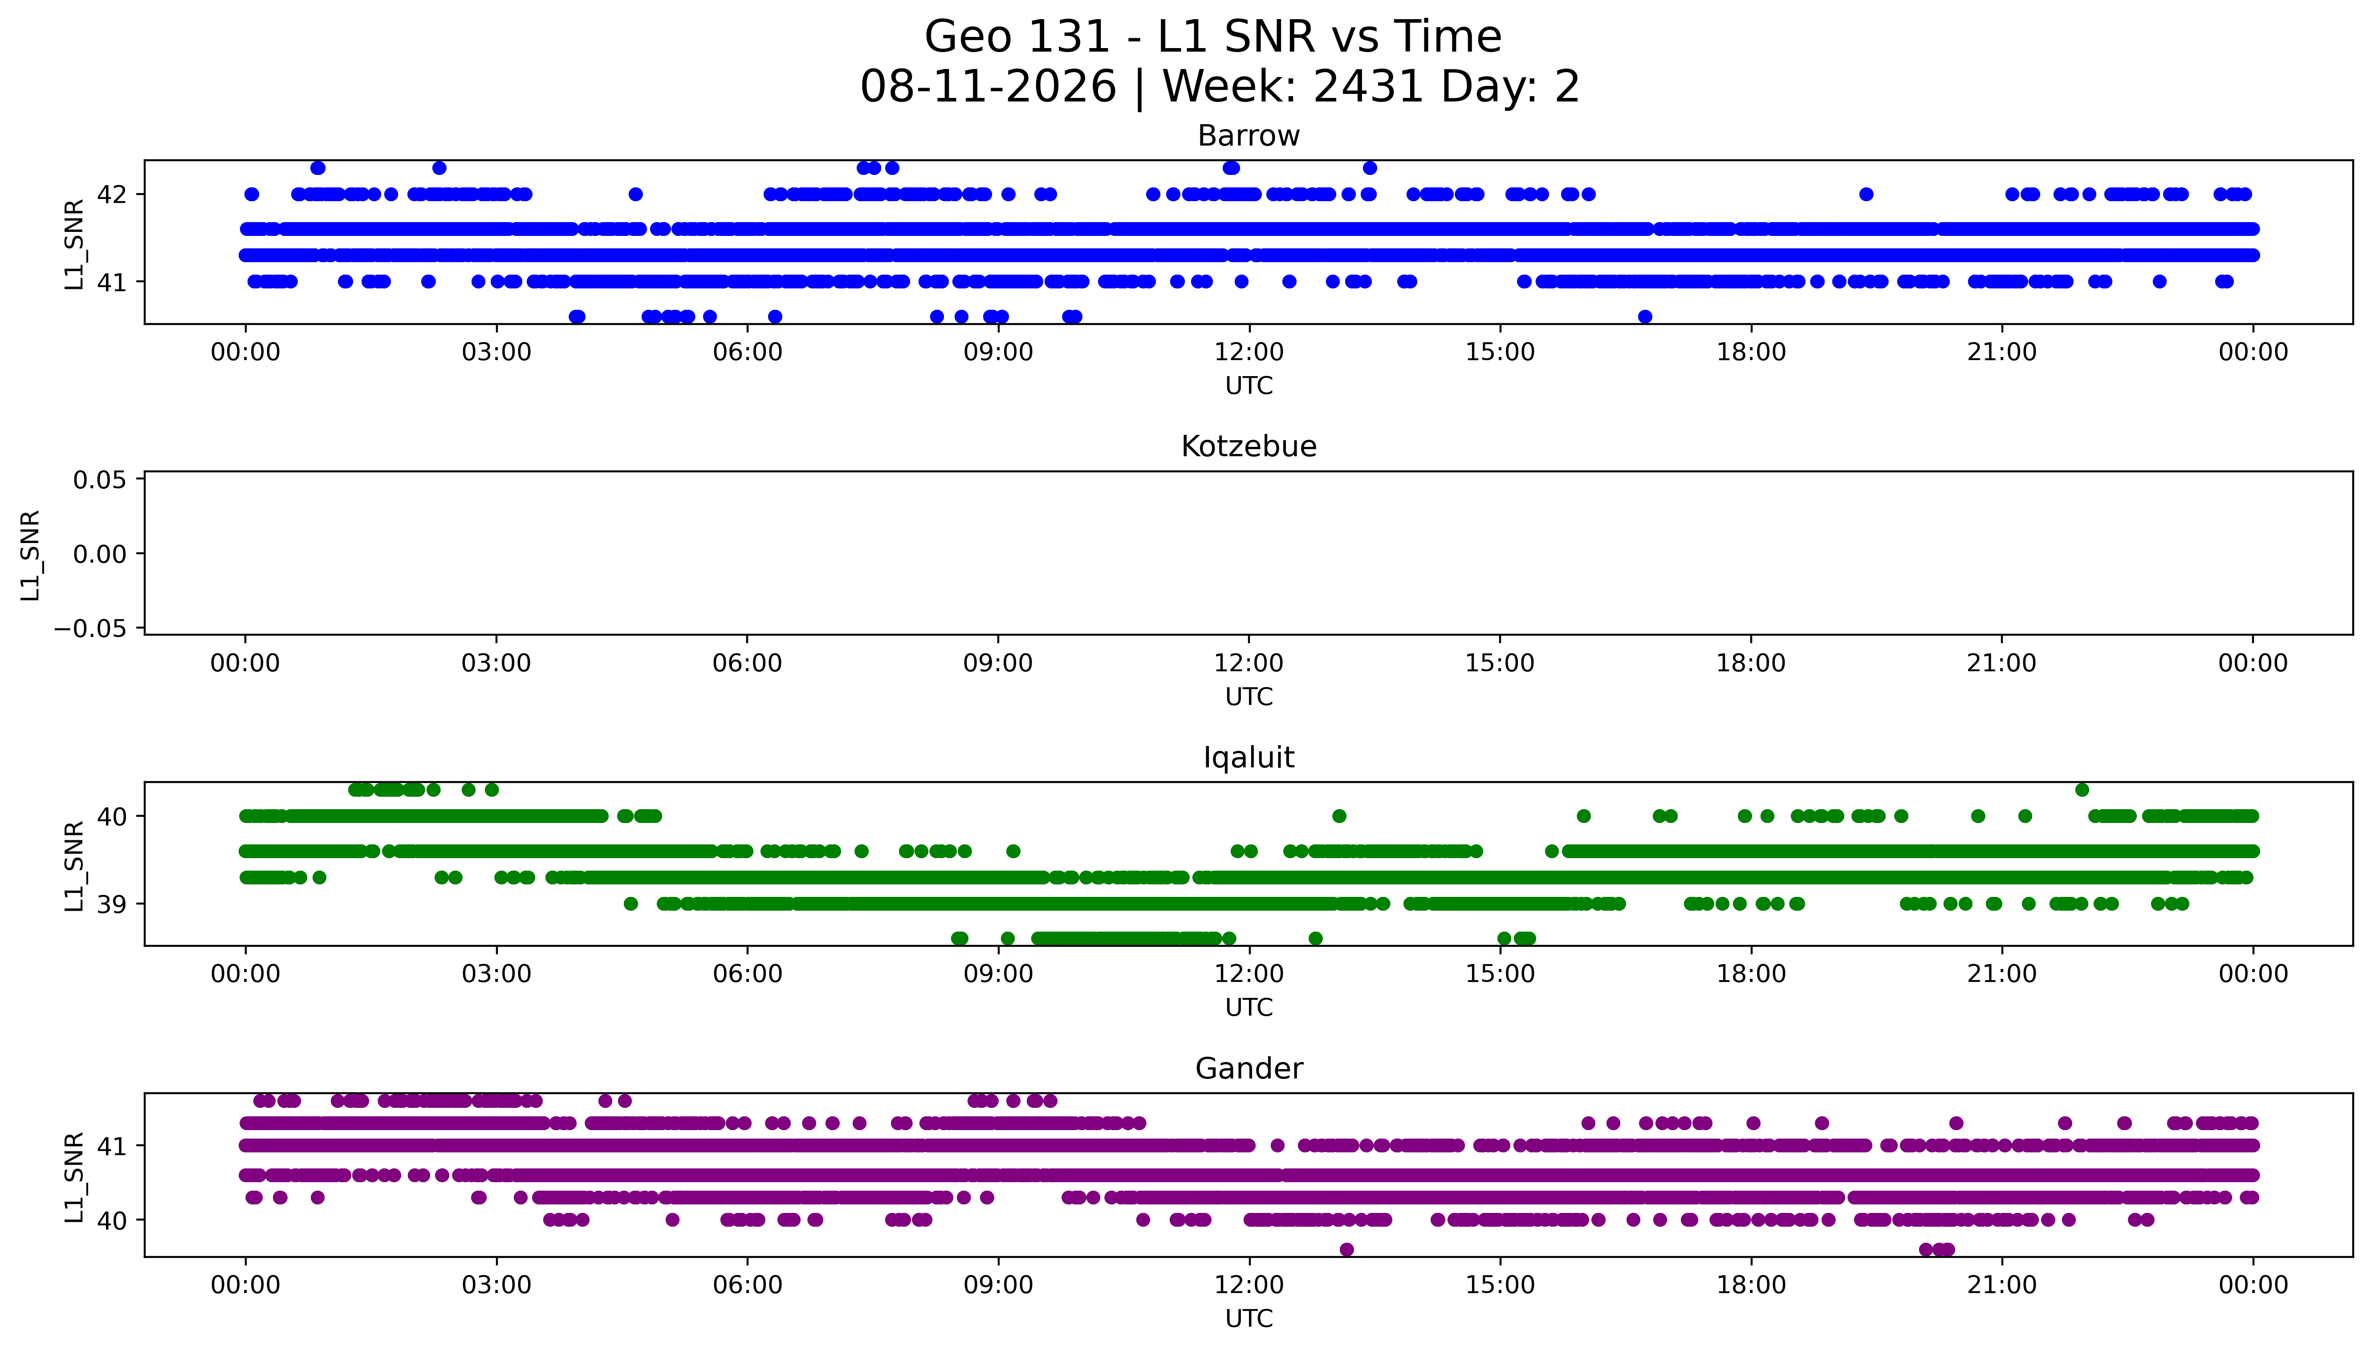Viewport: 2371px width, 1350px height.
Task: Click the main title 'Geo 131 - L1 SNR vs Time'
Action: click(x=1213, y=37)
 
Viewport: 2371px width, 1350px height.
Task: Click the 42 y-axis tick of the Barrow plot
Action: click(x=113, y=195)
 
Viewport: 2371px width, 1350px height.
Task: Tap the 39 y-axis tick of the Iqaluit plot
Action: click(x=113, y=904)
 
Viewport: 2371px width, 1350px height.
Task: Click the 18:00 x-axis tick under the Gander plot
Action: click(x=1751, y=1285)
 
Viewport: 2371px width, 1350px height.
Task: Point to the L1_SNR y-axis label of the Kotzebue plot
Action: click(x=31, y=555)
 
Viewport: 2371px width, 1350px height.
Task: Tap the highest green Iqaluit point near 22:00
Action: click(x=2082, y=790)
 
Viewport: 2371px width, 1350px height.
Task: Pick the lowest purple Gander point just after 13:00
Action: click(x=1346, y=1250)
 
